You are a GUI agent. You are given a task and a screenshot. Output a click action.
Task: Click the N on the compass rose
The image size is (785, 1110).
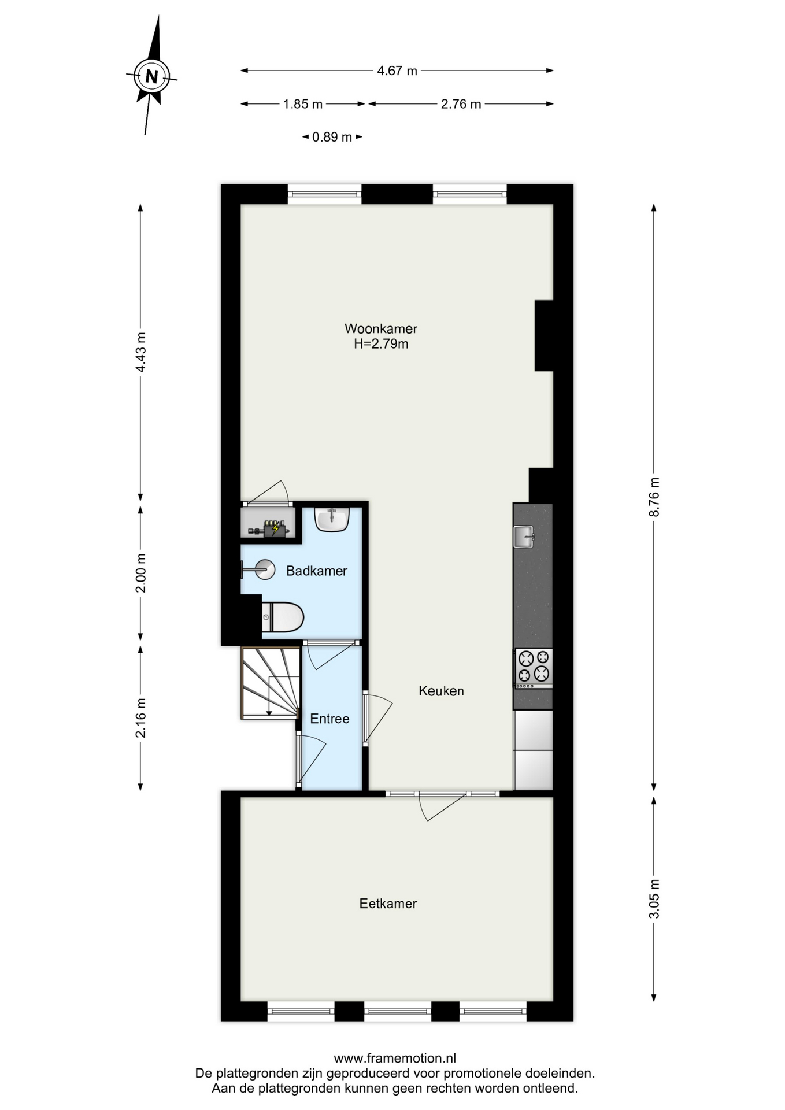(151, 76)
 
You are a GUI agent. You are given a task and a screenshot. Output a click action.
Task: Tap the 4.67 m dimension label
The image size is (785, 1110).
(397, 71)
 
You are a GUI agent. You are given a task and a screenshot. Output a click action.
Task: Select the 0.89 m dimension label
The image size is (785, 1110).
(332, 138)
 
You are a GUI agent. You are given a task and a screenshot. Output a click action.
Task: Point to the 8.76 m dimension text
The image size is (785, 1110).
(654, 497)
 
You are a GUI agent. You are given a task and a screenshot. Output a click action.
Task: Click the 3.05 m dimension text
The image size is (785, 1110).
(654, 899)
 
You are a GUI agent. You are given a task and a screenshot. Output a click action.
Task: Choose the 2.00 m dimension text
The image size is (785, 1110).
(140, 573)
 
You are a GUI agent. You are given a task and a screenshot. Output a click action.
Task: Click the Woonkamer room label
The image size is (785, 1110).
(381, 328)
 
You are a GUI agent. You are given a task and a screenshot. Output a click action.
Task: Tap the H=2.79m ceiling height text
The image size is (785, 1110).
(381, 344)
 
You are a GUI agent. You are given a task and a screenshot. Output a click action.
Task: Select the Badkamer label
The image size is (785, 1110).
(317, 571)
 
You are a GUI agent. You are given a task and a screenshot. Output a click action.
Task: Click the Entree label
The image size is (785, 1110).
(329, 719)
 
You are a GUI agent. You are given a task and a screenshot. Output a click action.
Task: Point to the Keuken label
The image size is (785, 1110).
(441, 691)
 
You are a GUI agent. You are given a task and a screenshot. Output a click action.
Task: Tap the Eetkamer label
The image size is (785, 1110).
(388, 904)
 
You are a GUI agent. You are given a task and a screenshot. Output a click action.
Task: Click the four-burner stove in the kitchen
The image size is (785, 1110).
(534, 668)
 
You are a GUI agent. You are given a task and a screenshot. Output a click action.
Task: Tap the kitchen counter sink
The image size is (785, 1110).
(524, 536)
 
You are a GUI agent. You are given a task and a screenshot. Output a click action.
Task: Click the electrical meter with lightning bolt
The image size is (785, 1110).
(275, 528)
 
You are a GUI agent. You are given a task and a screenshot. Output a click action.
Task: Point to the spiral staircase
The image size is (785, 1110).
(270, 683)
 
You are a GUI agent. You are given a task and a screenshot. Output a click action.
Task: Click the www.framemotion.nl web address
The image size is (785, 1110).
(395, 1059)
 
